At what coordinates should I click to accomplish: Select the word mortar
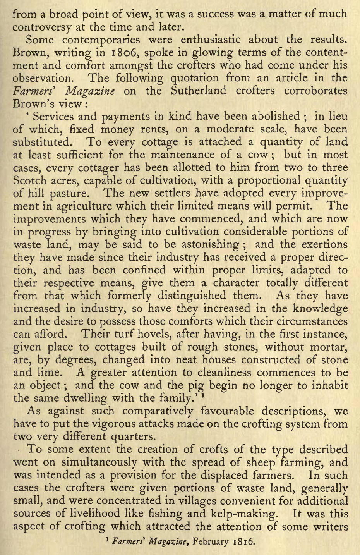click(328, 347)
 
